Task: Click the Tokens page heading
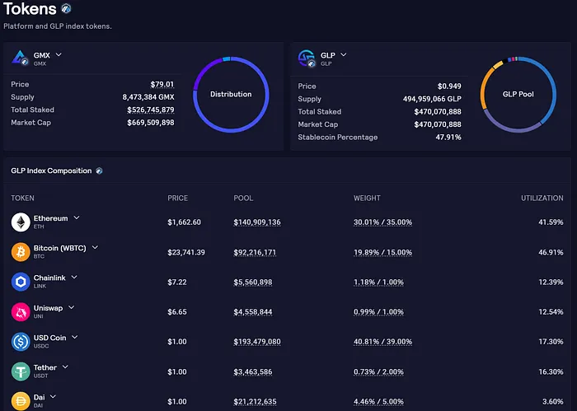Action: click(30, 10)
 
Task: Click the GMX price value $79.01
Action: click(162, 84)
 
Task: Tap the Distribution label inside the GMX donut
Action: click(231, 94)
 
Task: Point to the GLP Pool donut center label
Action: click(518, 94)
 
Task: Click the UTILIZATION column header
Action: click(542, 198)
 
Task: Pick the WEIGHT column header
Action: click(367, 198)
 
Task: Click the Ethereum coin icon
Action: click(21, 222)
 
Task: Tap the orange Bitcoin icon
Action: click(21, 252)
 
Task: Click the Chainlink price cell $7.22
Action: click(180, 282)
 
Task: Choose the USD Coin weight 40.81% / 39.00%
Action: click(383, 342)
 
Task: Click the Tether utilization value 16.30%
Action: click(548, 371)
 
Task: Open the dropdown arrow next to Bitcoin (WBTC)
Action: click(95, 247)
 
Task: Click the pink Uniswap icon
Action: click(21, 312)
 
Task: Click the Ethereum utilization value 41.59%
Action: click(548, 222)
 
